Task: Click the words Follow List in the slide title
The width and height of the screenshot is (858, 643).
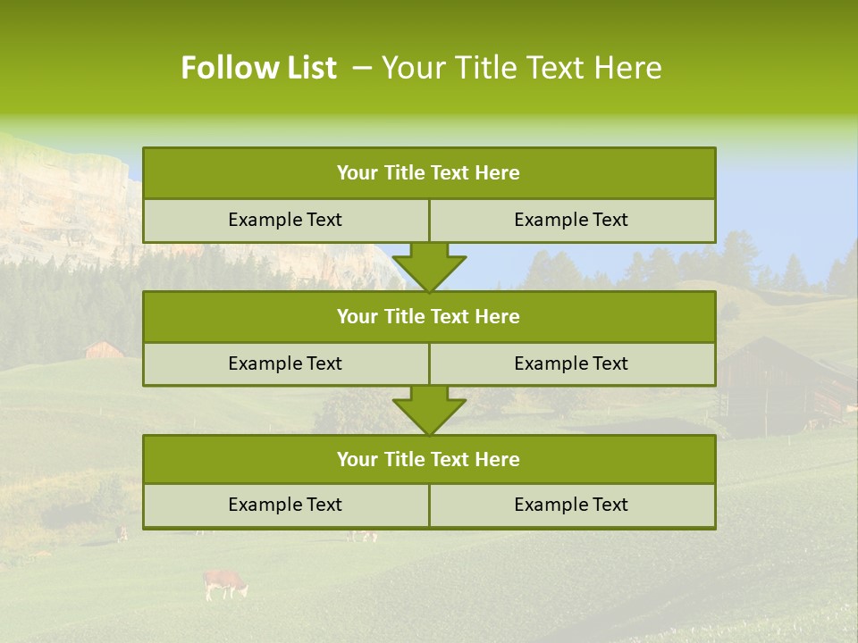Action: tap(258, 68)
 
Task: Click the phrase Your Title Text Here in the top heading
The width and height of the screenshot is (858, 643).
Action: tap(521, 68)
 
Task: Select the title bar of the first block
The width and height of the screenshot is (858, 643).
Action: tap(429, 173)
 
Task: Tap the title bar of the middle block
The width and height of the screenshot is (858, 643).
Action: tap(429, 316)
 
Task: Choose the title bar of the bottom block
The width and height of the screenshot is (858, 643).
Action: tap(429, 459)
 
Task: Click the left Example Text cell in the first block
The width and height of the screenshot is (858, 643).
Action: tap(285, 220)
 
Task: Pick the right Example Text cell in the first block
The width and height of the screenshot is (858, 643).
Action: tap(571, 220)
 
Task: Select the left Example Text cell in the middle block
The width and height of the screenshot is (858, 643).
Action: tap(285, 363)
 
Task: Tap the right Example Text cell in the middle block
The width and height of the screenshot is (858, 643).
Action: tap(571, 363)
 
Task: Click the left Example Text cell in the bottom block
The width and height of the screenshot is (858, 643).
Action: tap(285, 505)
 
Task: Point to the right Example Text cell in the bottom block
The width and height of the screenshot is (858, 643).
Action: tap(571, 505)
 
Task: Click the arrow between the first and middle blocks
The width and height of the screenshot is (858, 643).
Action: tap(429, 266)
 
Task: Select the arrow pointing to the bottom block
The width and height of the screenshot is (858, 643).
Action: tap(429, 410)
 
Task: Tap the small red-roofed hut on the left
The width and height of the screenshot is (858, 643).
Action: tap(104, 349)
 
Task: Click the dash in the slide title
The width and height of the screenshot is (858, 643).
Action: tap(362, 68)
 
